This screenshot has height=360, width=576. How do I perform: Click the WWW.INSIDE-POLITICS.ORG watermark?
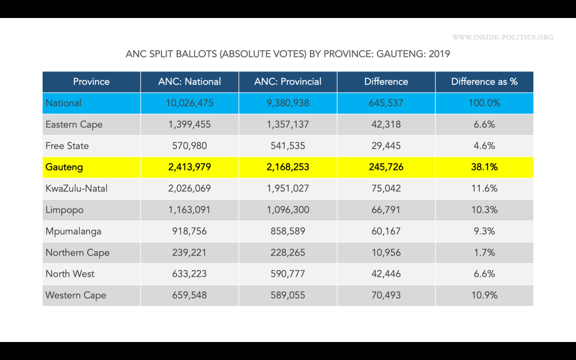click(x=502, y=38)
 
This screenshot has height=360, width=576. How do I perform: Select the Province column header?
click(x=91, y=82)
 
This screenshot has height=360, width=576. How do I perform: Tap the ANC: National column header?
click(x=190, y=82)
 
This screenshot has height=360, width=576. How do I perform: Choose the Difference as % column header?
click(x=484, y=82)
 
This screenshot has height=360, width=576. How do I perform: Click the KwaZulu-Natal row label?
click(x=76, y=188)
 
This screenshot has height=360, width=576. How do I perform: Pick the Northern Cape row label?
click(x=78, y=253)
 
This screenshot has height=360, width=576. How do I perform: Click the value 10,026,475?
click(x=190, y=103)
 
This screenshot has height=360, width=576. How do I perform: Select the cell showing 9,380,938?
click(x=288, y=103)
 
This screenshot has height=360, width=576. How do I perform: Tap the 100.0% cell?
click(x=484, y=103)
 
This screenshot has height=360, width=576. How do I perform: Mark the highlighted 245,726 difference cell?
click(x=386, y=167)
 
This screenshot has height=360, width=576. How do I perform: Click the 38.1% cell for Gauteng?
click(x=484, y=167)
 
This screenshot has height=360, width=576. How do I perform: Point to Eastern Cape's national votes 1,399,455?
click(x=190, y=124)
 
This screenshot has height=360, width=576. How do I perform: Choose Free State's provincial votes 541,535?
click(x=288, y=146)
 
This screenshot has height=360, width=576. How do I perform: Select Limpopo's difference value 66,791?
click(x=386, y=210)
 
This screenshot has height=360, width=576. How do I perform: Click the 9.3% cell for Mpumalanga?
click(x=484, y=231)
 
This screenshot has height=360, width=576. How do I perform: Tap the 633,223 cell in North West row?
click(x=190, y=274)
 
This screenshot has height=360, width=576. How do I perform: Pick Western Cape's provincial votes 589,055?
click(x=288, y=295)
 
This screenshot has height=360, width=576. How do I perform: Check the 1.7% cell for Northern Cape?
click(x=484, y=253)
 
